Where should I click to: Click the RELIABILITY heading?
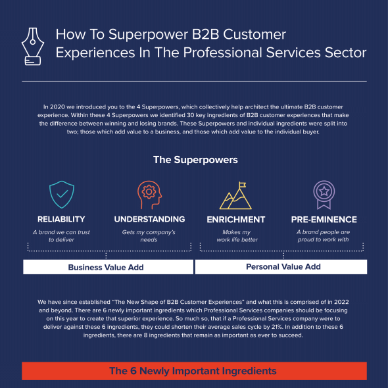click(x=61, y=219)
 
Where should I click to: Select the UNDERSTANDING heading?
click(x=149, y=219)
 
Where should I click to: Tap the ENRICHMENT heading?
click(x=236, y=220)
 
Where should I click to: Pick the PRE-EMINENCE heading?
click(x=324, y=220)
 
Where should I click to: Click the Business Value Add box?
click(x=108, y=267)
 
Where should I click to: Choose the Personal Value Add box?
click(x=281, y=267)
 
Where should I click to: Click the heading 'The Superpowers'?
click(x=195, y=160)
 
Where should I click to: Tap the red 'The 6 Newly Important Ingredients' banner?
click(x=194, y=371)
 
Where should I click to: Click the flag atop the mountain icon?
click(x=242, y=185)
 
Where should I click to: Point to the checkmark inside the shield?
click(x=62, y=194)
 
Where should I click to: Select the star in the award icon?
click(x=324, y=191)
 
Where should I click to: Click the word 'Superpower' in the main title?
click(x=148, y=35)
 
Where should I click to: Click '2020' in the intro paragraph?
click(x=57, y=107)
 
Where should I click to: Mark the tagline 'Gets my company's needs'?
click(x=149, y=236)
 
